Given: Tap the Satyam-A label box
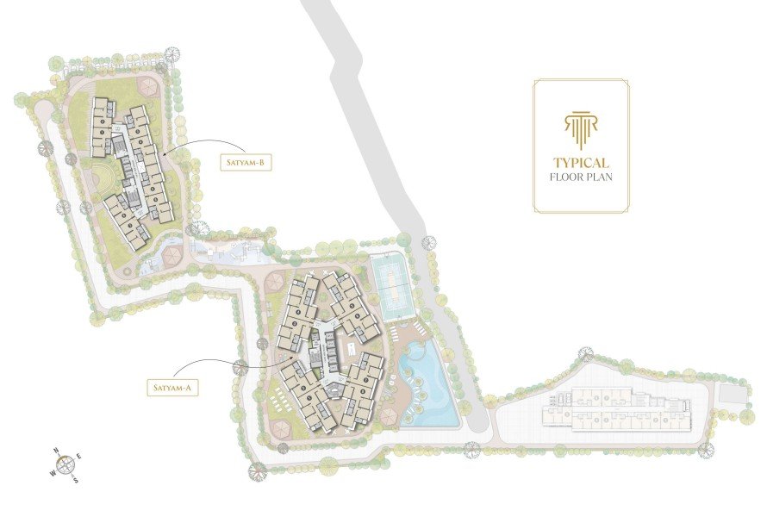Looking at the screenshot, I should [x=173, y=387].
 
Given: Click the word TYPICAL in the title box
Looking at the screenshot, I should [x=582, y=163].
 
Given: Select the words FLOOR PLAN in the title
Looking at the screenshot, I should [x=582, y=179].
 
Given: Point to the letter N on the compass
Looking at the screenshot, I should [x=56, y=451].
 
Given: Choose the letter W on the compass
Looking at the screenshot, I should [x=52, y=472].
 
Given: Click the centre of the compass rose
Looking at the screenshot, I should [x=65, y=464].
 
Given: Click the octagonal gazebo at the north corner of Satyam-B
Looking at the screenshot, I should [x=147, y=85].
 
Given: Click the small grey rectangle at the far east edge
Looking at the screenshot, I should [x=731, y=393].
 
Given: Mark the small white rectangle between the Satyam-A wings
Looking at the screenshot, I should [x=352, y=349].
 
